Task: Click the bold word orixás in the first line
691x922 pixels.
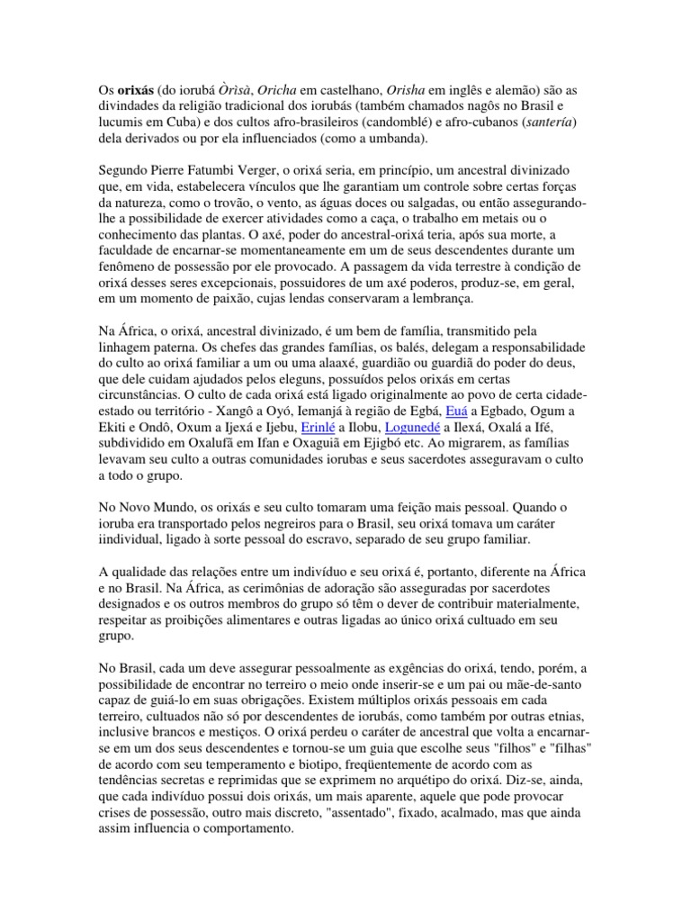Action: (134, 91)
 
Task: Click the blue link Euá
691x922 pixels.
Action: (459, 411)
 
